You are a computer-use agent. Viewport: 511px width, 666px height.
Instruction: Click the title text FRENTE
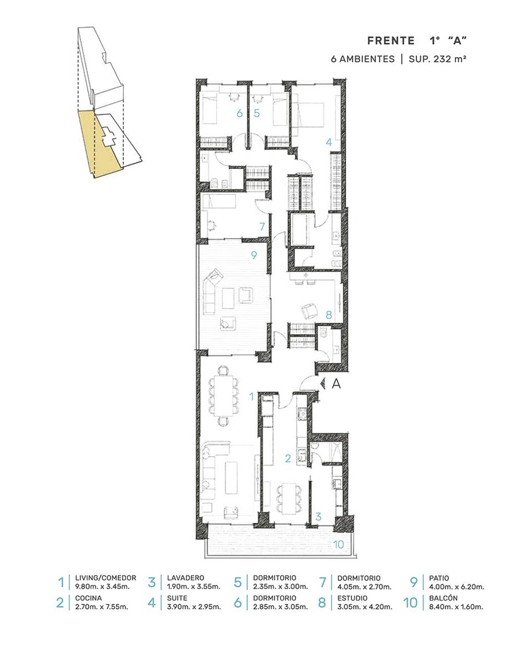(391, 41)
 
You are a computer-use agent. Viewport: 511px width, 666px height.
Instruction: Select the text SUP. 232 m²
(437, 59)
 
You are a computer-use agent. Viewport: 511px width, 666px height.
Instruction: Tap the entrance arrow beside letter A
(322, 383)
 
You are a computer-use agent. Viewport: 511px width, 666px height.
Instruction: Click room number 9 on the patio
(254, 255)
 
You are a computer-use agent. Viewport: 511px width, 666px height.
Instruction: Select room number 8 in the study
(328, 315)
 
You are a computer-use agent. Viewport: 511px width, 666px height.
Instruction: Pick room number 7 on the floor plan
(262, 226)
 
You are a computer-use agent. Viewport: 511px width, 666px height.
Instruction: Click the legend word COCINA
(88, 598)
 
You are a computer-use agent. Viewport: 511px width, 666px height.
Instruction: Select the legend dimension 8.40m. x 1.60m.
(456, 607)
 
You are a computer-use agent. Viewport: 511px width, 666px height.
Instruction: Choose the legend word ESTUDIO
(353, 598)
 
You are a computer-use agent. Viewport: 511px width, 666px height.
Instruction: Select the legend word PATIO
(439, 578)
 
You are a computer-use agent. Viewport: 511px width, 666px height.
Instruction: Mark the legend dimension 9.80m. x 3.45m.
(102, 587)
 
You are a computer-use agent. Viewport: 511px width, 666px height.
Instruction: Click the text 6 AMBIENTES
(363, 59)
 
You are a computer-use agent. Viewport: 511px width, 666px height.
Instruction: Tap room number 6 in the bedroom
(239, 113)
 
